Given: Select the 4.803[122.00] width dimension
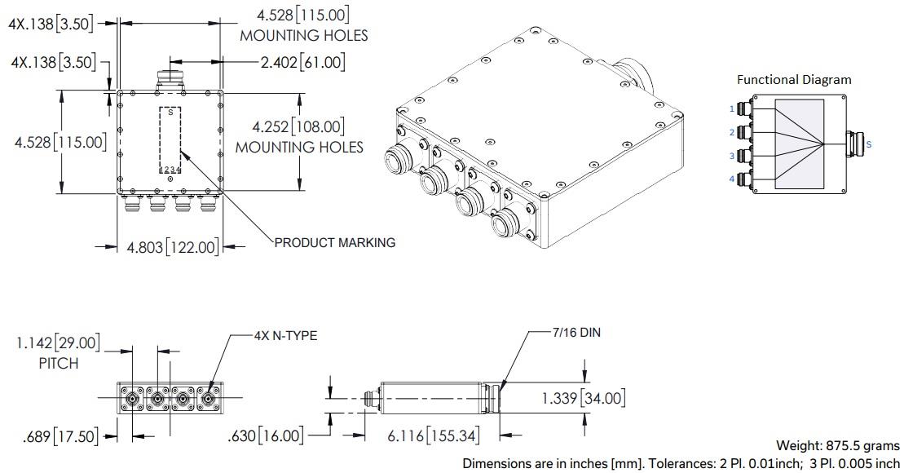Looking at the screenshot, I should coord(170,246).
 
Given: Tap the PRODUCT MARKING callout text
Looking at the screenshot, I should coord(334,242).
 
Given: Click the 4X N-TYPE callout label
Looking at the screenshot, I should coord(284,335).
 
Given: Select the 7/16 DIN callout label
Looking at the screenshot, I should coord(575,333).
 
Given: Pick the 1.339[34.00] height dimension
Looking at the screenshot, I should coord(583,398).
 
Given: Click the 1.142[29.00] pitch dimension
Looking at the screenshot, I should coord(59,343).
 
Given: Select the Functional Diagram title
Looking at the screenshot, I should coord(793,80).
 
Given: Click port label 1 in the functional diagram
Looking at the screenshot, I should coord(732,108).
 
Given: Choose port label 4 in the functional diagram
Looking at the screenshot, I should coord(732,179).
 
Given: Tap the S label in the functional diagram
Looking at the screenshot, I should coord(868,144).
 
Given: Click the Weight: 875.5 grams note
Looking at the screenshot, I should coord(837,445).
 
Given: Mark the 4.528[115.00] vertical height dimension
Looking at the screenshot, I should coord(60,142).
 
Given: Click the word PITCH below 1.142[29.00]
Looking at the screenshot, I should coord(59,364).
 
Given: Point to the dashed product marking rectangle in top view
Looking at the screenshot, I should coord(170,139).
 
